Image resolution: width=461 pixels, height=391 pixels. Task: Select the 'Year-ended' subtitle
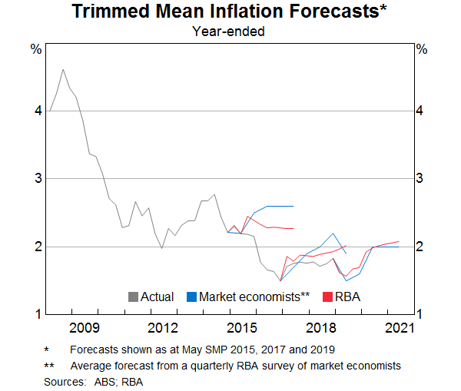[228, 32]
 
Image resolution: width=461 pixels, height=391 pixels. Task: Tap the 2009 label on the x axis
[85, 329]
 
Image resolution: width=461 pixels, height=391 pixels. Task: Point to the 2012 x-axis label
[163, 329]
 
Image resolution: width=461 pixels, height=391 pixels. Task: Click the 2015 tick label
[242, 329]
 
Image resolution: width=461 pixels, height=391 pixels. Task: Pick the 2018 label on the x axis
[321, 329]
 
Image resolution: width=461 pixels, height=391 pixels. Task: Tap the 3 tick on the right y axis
[421, 178]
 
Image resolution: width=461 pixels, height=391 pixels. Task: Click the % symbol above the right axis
[421, 49]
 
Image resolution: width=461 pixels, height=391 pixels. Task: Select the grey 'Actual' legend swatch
[133, 297]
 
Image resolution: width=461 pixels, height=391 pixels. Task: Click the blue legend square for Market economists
[191, 297]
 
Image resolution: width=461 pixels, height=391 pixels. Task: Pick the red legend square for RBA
[327, 297]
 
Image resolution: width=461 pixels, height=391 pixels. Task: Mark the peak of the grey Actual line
[63, 69]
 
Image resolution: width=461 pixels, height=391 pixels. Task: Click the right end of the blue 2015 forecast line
[294, 206]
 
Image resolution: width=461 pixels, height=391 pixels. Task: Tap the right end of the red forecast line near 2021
[400, 241]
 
